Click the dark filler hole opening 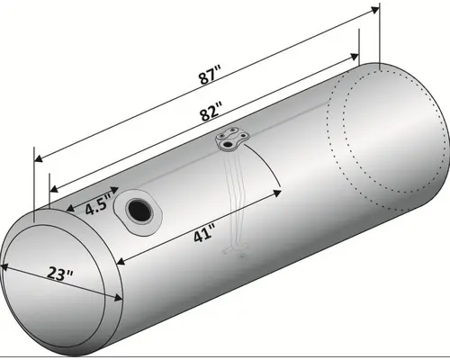pos(140,210)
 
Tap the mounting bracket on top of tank pos(231,139)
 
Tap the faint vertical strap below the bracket pos(238,198)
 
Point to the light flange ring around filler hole pos(150,219)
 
